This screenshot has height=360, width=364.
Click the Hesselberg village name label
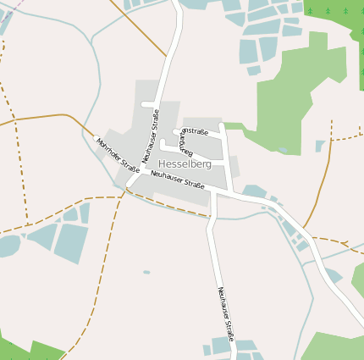point(185,163)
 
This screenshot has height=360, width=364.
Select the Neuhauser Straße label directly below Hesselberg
point(178,180)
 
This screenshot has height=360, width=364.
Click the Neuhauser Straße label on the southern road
point(225,314)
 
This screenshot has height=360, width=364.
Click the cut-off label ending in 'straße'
point(195,131)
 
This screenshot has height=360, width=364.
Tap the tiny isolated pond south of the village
point(146,272)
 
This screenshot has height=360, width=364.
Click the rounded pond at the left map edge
point(8,246)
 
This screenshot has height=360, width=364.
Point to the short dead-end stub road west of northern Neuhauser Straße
point(150,104)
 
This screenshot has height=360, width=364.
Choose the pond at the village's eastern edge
point(255,191)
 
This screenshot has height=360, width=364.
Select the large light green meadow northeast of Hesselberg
point(296,93)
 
